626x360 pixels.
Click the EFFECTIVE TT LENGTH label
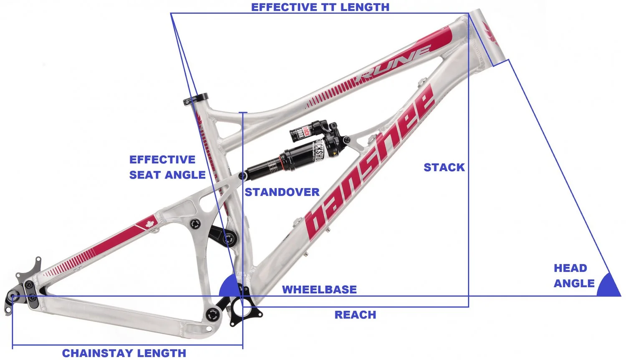pyautogui.click(x=320, y=7)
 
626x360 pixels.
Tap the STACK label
pyautogui.click(x=444, y=167)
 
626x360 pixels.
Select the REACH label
pyautogui.click(x=355, y=315)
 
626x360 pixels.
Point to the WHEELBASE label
pyautogui.click(x=319, y=290)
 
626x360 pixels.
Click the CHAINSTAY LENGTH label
pyautogui.click(x=124, y=353)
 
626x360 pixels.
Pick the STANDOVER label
pyautogui.click(x=282, y=192)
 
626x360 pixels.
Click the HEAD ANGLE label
pyautogui.click(x=573, y=276)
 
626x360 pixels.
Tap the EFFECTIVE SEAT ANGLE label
pyautogui.click(x=167, y=167)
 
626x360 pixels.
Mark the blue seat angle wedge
pyautogui.click(x=228, y=287)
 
